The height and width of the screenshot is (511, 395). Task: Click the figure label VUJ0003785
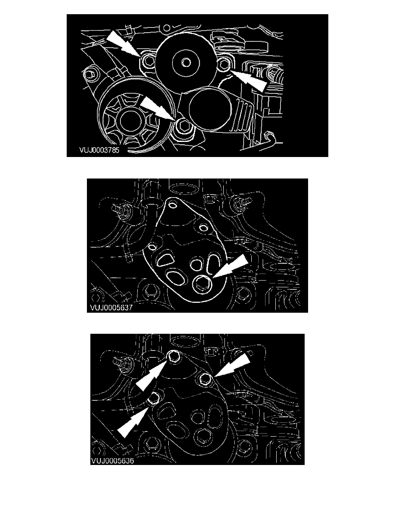pos(99,150)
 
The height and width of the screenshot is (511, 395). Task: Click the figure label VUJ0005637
pos(111,307)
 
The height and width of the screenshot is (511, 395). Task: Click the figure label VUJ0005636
pos(113,461)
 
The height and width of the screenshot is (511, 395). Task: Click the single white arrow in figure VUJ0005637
pos(231,266)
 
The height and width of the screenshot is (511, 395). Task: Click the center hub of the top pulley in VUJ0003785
pos(186,62)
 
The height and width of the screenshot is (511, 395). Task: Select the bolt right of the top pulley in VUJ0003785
pos(224,65)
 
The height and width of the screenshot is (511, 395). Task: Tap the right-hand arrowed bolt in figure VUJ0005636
pos(205,379)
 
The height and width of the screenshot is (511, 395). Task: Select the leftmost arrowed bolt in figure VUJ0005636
pos(154,398)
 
